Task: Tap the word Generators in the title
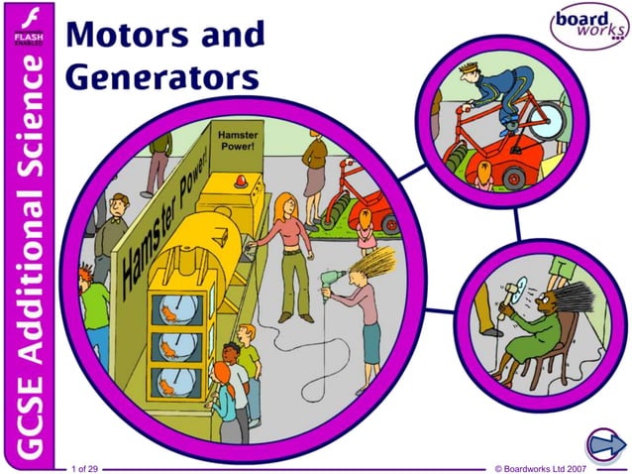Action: pos(162,76)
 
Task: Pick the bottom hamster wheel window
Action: pos(175,383)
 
